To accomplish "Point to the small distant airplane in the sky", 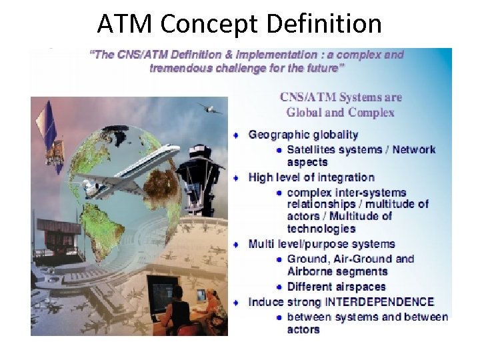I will [209, 109].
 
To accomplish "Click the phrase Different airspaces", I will [336, 287].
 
